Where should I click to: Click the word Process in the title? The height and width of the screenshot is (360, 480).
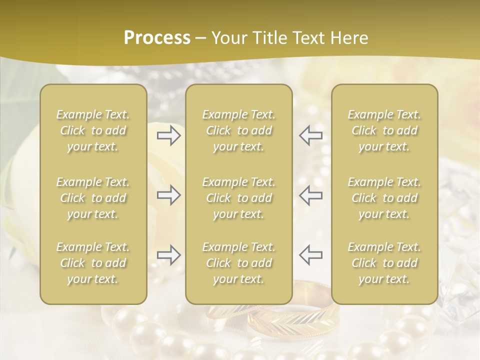click(x=157, y=38)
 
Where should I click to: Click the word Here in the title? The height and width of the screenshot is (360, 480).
click(x=350, y=38)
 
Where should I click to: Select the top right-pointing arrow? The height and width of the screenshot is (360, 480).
click(x=168, y=135)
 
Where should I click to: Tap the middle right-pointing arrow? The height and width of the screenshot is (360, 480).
click(x=168, y=195)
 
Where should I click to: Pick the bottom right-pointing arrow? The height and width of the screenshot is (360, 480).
click(x=168, y=255)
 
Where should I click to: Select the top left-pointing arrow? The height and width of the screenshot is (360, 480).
click(x=310, y=135)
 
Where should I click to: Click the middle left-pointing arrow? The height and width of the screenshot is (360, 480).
click(x=310, y=195)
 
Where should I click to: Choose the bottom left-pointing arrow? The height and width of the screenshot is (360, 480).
click(x=310, y=255)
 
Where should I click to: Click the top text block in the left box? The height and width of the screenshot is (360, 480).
click(x=93, y=130)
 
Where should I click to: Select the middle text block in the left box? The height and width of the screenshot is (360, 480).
click(x=93, y=198)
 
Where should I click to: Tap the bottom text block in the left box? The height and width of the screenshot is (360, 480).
click(x=93, y=263)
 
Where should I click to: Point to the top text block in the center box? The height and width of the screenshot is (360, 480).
click(x=239, y=130)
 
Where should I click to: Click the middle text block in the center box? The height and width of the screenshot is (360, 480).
click(x=239, y=198)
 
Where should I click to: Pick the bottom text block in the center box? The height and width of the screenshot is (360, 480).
click(x=239, y=263)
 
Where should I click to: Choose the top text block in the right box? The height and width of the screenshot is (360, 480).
click(x=384, y=130)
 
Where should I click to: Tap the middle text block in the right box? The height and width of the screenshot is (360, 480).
click(x=384, y=198)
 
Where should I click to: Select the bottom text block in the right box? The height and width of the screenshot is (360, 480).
click(x=384, y=263)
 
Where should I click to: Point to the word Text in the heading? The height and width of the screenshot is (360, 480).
click(x=308, y=38)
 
